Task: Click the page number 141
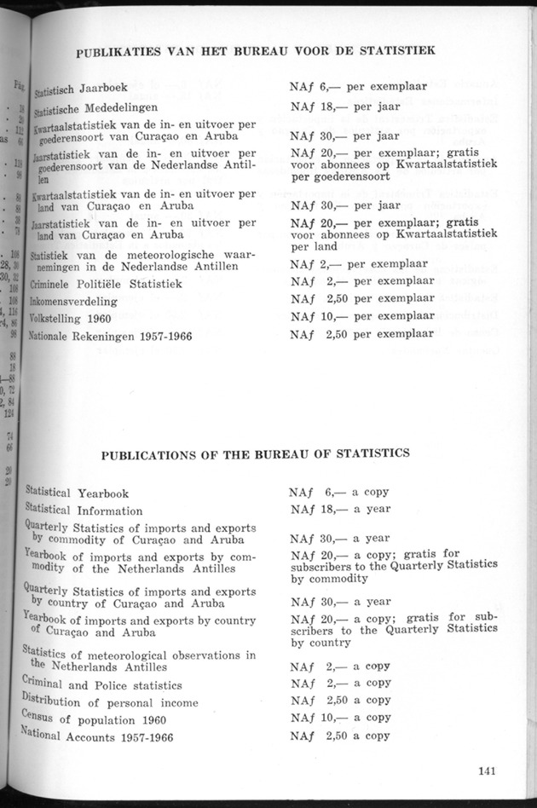click(x=488, y=773)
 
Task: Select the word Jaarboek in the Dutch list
click(x=103, y=88)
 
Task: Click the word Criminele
click(x=57, y=284)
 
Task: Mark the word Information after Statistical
click(x=111, y=511)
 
